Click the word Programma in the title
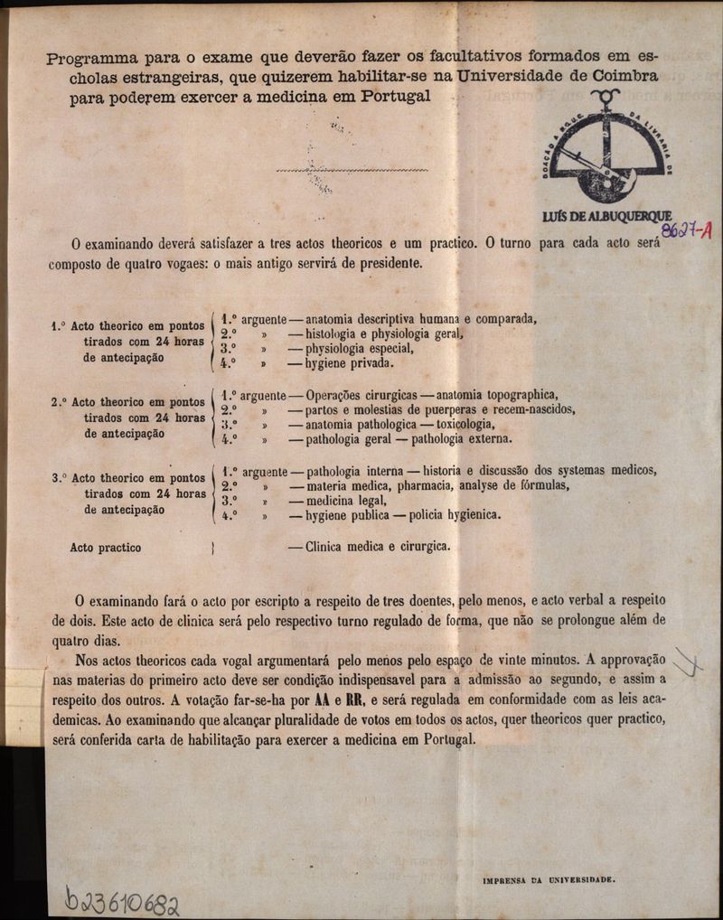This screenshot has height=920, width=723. (x=89, y=60)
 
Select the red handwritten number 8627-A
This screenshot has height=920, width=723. (x=686, y=230)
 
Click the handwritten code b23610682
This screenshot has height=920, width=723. (x=122, y=900)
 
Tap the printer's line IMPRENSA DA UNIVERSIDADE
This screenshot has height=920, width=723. (x=549, y=878)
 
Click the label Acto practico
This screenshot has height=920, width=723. (x=106, y=548)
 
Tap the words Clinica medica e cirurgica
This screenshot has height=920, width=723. (x=378, y=547)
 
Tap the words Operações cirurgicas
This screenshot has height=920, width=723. (x=361, y=395)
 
